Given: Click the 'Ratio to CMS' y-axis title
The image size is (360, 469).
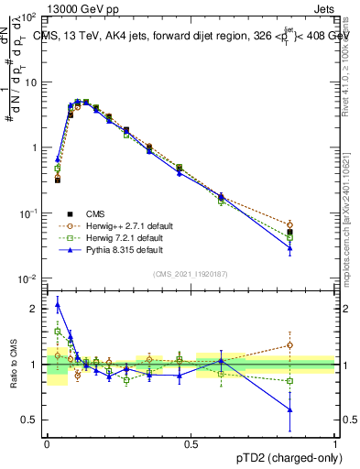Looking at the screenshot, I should tap(13, 365).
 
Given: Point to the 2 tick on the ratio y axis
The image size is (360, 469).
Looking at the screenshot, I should tap(37, 309).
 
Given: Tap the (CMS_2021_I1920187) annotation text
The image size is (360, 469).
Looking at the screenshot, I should tap(191, 275).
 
